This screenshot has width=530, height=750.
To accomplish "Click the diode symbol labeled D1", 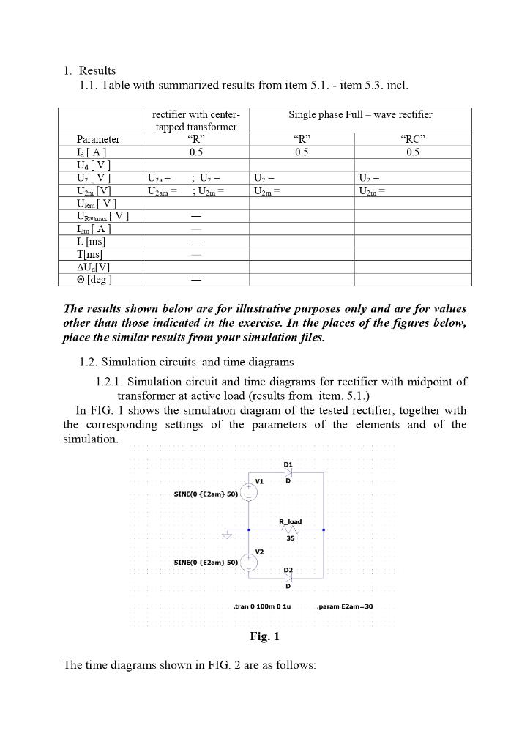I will tap(288, 473).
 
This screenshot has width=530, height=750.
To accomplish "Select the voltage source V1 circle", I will tap(249, 493).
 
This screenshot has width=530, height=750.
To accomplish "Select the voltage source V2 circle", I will tap(249, 562).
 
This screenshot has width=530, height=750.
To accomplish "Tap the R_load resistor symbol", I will tap(291, 529).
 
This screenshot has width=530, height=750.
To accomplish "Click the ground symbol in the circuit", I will tap(226, 535).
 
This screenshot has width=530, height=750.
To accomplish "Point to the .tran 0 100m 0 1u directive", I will tap(261, 606).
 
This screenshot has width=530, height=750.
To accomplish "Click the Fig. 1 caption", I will tap(264, 636).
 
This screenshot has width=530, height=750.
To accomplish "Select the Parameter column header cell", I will tap(98, 139).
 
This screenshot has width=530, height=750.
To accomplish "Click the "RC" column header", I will tap(413, 139).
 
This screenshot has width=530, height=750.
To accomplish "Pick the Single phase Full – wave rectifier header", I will tap(360, 115).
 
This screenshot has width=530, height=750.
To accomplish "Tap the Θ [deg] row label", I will tap(94, 280).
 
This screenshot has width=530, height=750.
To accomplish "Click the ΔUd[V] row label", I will tap(93, 267).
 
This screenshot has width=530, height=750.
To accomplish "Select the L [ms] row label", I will tap(91, 241).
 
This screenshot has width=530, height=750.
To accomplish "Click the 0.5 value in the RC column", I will tap(413, 152).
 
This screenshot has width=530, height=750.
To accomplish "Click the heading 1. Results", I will tap(89, 71).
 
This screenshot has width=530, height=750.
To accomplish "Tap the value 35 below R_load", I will tap(291, 538).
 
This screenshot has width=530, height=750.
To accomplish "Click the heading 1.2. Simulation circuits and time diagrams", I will tap(187, 362).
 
